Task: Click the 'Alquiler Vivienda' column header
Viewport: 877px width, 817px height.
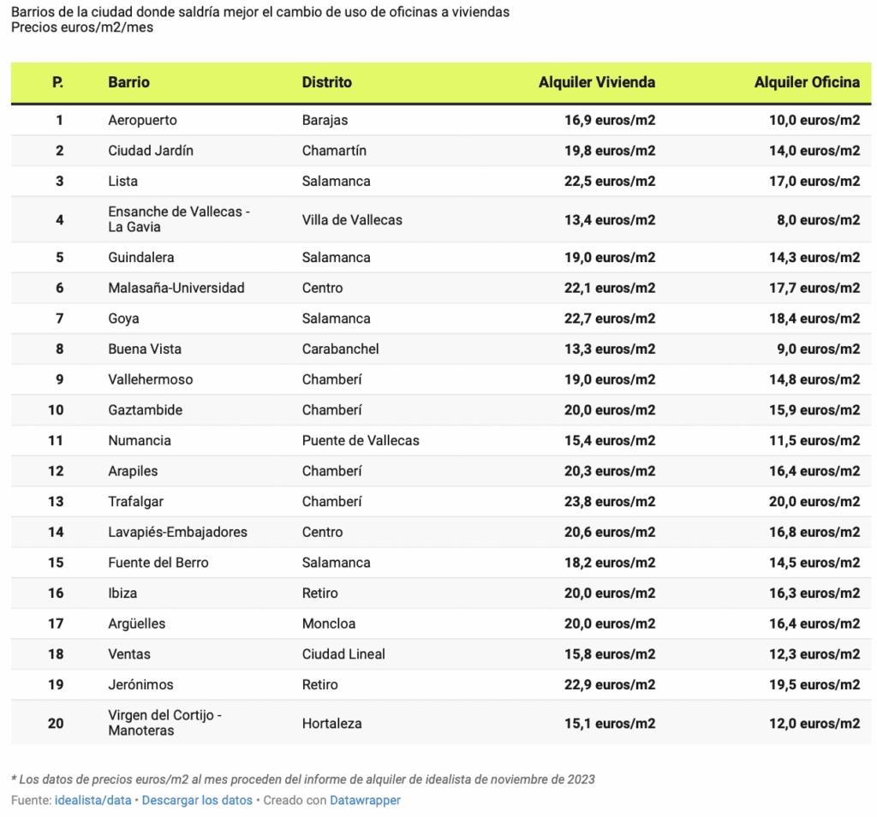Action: (x=596, y=82)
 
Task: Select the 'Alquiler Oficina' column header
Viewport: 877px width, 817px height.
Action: (x=807, y=82)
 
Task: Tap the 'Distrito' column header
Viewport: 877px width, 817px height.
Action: (x=326, y=82)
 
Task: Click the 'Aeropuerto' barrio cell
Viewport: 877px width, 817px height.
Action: (x=142, y=120)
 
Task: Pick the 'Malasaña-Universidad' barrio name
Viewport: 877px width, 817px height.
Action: (x=176, y=288)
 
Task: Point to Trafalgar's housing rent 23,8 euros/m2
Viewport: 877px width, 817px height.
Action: (x=609, y=501)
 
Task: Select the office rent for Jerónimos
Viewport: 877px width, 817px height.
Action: (x=814, y=684)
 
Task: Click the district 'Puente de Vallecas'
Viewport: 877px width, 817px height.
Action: (x=361, y=440)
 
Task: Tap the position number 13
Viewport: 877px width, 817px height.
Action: (x=56, y=501)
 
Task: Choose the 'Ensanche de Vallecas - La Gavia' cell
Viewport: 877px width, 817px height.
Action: (x=178, y=219)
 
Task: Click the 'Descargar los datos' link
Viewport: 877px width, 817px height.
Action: (x=197, y=800)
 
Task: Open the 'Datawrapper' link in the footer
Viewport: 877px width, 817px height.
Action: (x=365, y=800)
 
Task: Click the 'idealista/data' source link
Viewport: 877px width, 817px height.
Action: (x=92, y=800)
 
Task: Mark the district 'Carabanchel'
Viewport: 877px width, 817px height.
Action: (x=340, y=349)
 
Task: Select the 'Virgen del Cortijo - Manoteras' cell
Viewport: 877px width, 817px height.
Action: (x=164, y=723)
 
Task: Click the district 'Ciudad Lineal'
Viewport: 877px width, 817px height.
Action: (x=343, y=653)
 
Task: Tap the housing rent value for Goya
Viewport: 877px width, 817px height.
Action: (x=609, y=318)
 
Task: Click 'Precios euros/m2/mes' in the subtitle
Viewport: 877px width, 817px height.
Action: (x=82, y=27)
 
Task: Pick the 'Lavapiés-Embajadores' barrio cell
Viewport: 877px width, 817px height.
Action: (x=177, y=532)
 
